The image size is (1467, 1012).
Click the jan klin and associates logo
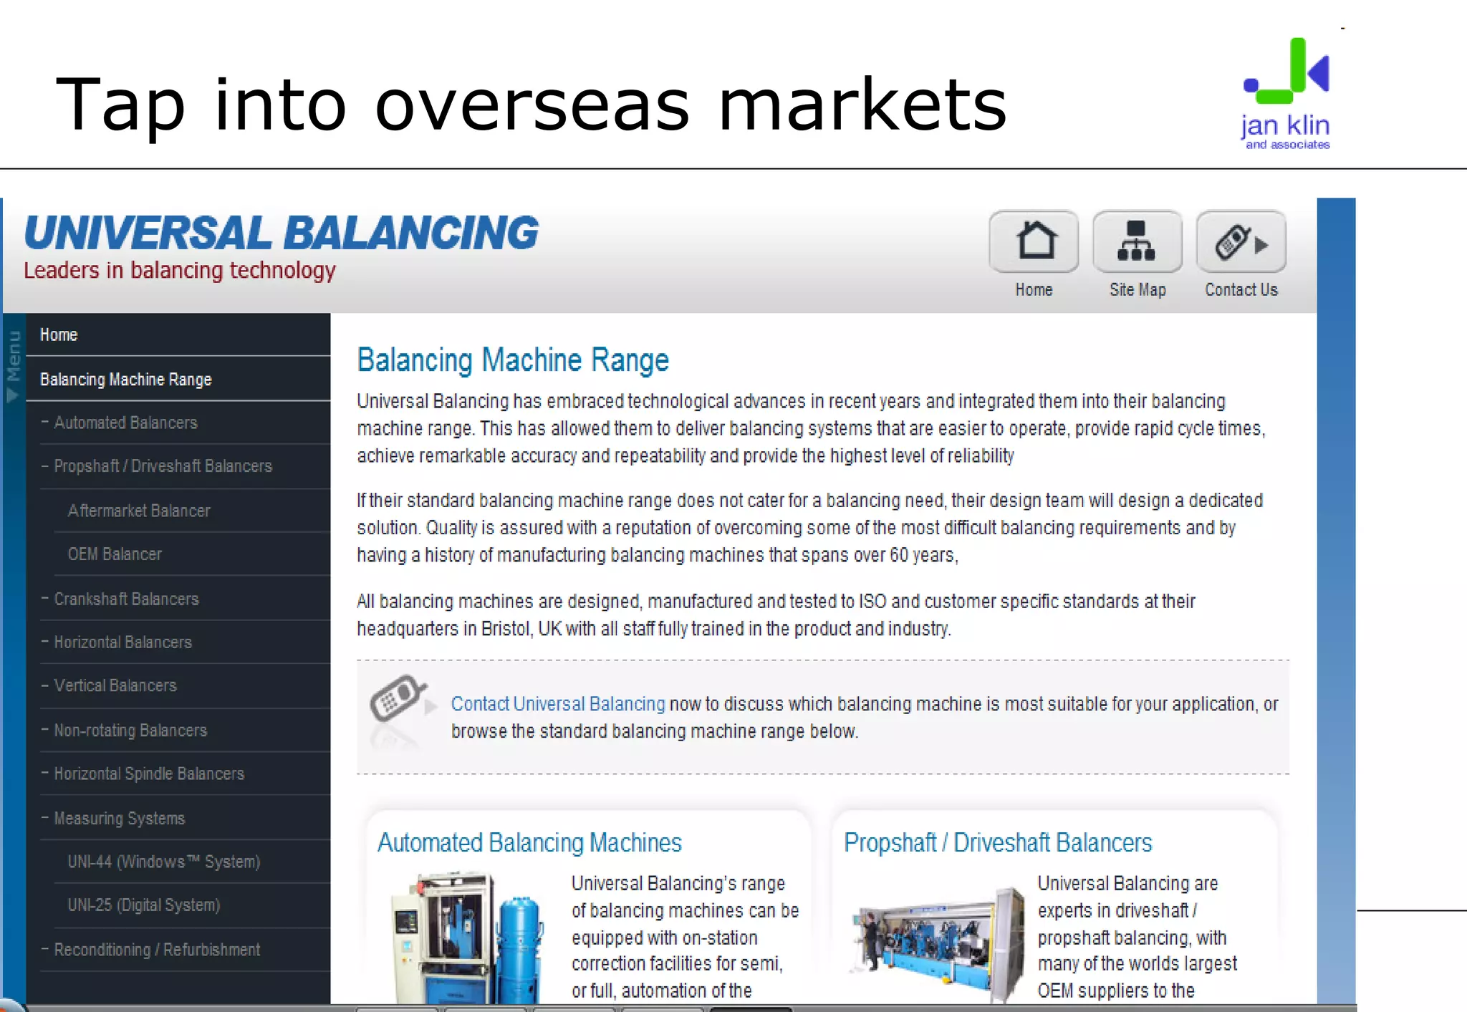coord(1286,93)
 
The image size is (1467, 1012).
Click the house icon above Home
coord(1034,241)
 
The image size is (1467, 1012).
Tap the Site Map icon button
coord(1137,241)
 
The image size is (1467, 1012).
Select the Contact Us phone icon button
coord(1241,241)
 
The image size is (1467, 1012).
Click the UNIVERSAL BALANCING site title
coord(281,233)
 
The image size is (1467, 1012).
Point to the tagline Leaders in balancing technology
coord(180,271)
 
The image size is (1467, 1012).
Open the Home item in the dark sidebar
coord(59,334)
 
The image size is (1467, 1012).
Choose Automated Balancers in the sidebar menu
coord(125,423)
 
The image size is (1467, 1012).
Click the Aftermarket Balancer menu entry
coord(139,511)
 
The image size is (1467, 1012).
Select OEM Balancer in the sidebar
coord(115,554)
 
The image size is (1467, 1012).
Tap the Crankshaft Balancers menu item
coord(126,599)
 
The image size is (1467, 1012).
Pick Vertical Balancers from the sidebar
coord(115,685)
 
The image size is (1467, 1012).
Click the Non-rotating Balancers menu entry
coord(130,731)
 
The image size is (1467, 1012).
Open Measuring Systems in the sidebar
coord(120,818)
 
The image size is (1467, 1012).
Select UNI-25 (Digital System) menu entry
coord(143,905)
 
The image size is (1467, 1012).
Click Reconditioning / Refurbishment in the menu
coord(157,950)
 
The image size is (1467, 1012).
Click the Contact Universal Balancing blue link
coord(558,704)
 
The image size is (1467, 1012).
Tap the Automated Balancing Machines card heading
coord(529,843)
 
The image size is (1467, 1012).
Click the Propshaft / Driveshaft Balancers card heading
coord(998,843)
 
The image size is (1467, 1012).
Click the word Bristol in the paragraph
coord(506,629)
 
